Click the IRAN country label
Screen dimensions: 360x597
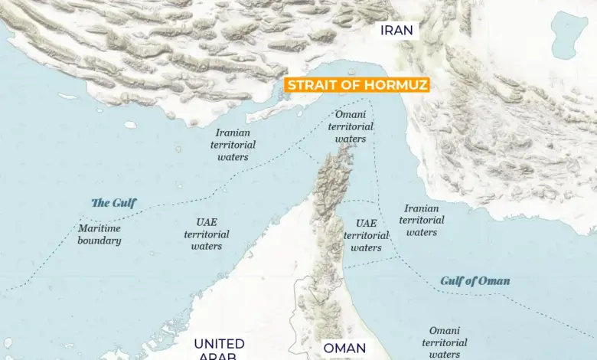pos(396,31)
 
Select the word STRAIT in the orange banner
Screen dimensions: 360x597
pos(312,85)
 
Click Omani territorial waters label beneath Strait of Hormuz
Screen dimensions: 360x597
pos(351,126)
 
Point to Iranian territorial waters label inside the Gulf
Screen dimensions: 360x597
pos(233,145)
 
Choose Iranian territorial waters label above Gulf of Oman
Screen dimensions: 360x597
pos(421,220)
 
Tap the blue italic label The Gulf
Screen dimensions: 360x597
pos(113,203)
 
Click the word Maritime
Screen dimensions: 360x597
pos(99,228)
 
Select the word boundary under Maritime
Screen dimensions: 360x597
pos(99,241)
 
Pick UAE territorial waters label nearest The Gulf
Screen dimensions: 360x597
pos(207,234)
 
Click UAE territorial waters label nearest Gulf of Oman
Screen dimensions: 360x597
pos(366,235)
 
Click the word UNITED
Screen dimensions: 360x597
pos(219,344)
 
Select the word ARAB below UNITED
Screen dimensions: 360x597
pos(219,356)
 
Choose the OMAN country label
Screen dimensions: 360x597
pos(344,349)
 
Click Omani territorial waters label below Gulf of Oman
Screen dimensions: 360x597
pos(444,342)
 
